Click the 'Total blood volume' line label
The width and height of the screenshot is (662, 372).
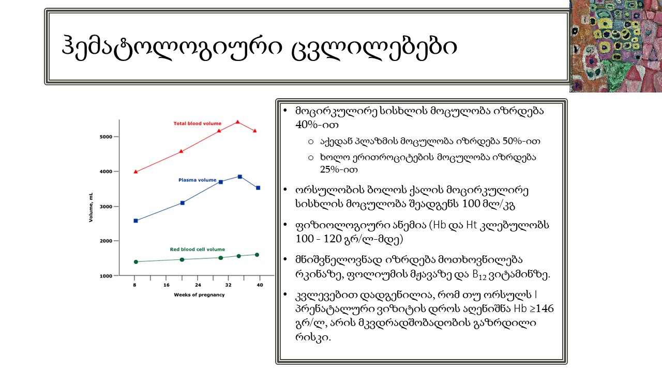pos(197,123)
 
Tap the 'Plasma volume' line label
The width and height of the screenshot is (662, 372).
pos(197,180)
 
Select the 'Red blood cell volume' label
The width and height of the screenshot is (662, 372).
pos(197,249)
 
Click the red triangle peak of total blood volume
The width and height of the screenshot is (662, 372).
pos(237,122)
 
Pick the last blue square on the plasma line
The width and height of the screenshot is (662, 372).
pos(258,188)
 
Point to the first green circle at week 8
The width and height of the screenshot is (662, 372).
pos(136,262)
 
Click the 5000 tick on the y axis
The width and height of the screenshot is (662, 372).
pos(106,137)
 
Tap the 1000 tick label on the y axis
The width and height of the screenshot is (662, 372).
pos(106,276)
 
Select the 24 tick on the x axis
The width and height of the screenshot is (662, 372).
pos(198,285)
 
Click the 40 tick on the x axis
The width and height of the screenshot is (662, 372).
pos(260,285)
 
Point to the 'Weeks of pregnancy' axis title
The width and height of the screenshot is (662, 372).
pos(199,295)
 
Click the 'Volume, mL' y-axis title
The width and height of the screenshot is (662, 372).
pos(91,207)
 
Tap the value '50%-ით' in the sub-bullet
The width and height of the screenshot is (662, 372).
pos(521,141)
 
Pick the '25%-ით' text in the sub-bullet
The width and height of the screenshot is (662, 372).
pos(339,169)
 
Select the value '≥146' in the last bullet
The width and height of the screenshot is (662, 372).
pos(541,308)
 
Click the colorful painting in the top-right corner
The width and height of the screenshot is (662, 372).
pos(615,46)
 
